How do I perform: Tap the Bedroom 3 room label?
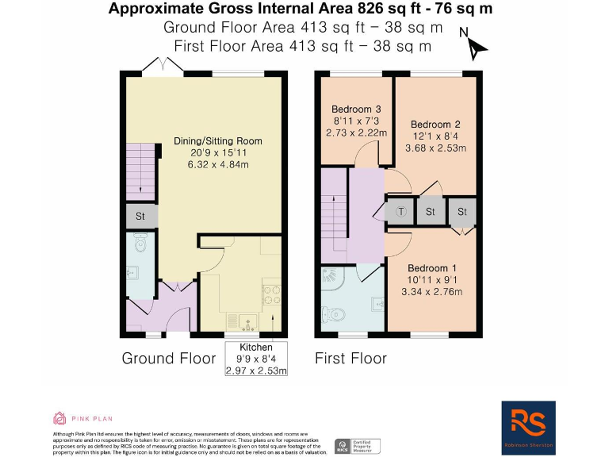pyautogui.click(x=356, y=121)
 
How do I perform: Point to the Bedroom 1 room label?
pyautogui.click(x=433, y=280)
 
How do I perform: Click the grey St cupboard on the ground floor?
pyautogui.click(x=140, y=216)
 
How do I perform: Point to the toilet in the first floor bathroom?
pyautogui.click(x=334, y=312)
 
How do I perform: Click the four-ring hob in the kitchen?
pyautogui.click(x=270, y=294)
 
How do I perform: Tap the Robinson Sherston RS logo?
pyautogui.click(x=528, y=426)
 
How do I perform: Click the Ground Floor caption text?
pyautogui.click(x=168, y=359)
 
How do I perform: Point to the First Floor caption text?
pyautogui.click(x=350, y=359)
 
